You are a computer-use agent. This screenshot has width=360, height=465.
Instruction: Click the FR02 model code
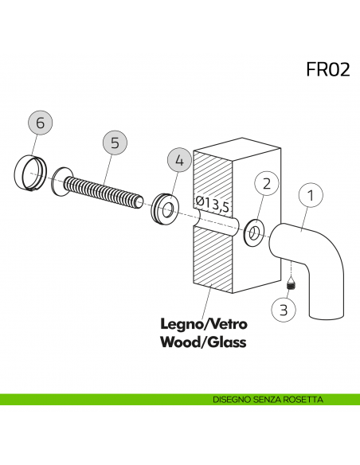(327, 68)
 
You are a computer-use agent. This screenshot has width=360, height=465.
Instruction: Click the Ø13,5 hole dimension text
(213, 205)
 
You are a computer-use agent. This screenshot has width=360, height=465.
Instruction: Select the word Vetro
(228, 325)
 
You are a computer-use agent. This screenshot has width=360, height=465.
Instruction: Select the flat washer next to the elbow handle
(253, 233)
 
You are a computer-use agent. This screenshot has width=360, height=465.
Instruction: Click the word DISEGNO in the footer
(232, 399)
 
